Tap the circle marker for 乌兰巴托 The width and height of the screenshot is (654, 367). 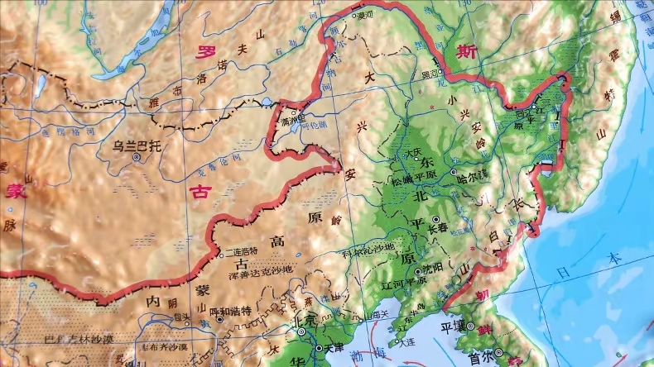point(136,157)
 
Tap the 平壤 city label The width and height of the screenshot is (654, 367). point(468,325)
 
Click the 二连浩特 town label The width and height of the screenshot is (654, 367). point(241,250)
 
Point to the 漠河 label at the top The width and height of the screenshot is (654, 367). point(365,14)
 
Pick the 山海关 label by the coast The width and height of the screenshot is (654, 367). point(379,315)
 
